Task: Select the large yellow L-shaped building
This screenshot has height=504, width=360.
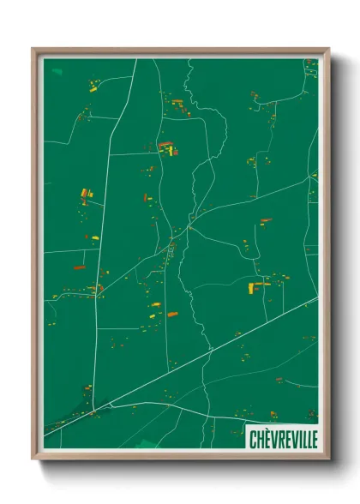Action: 255,287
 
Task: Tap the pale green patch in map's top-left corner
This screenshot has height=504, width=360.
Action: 57,70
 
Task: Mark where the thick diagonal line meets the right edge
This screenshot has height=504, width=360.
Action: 317,297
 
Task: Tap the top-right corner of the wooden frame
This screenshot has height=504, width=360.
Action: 328,49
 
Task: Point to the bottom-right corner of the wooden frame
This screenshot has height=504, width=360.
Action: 328,459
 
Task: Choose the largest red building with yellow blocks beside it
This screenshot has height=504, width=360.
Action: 165,146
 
